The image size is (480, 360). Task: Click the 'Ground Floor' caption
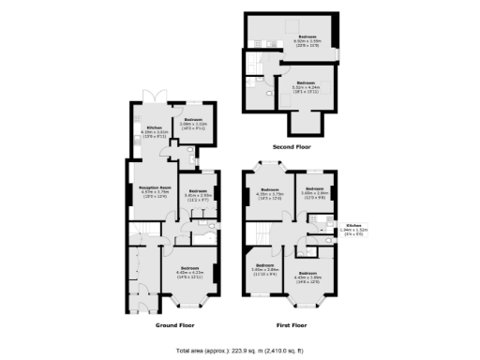coord(174,324)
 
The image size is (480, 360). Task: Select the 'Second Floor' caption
coord(292,147)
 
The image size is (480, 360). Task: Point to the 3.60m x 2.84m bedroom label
coord(265,271)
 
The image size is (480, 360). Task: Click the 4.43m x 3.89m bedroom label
coord(308,277)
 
